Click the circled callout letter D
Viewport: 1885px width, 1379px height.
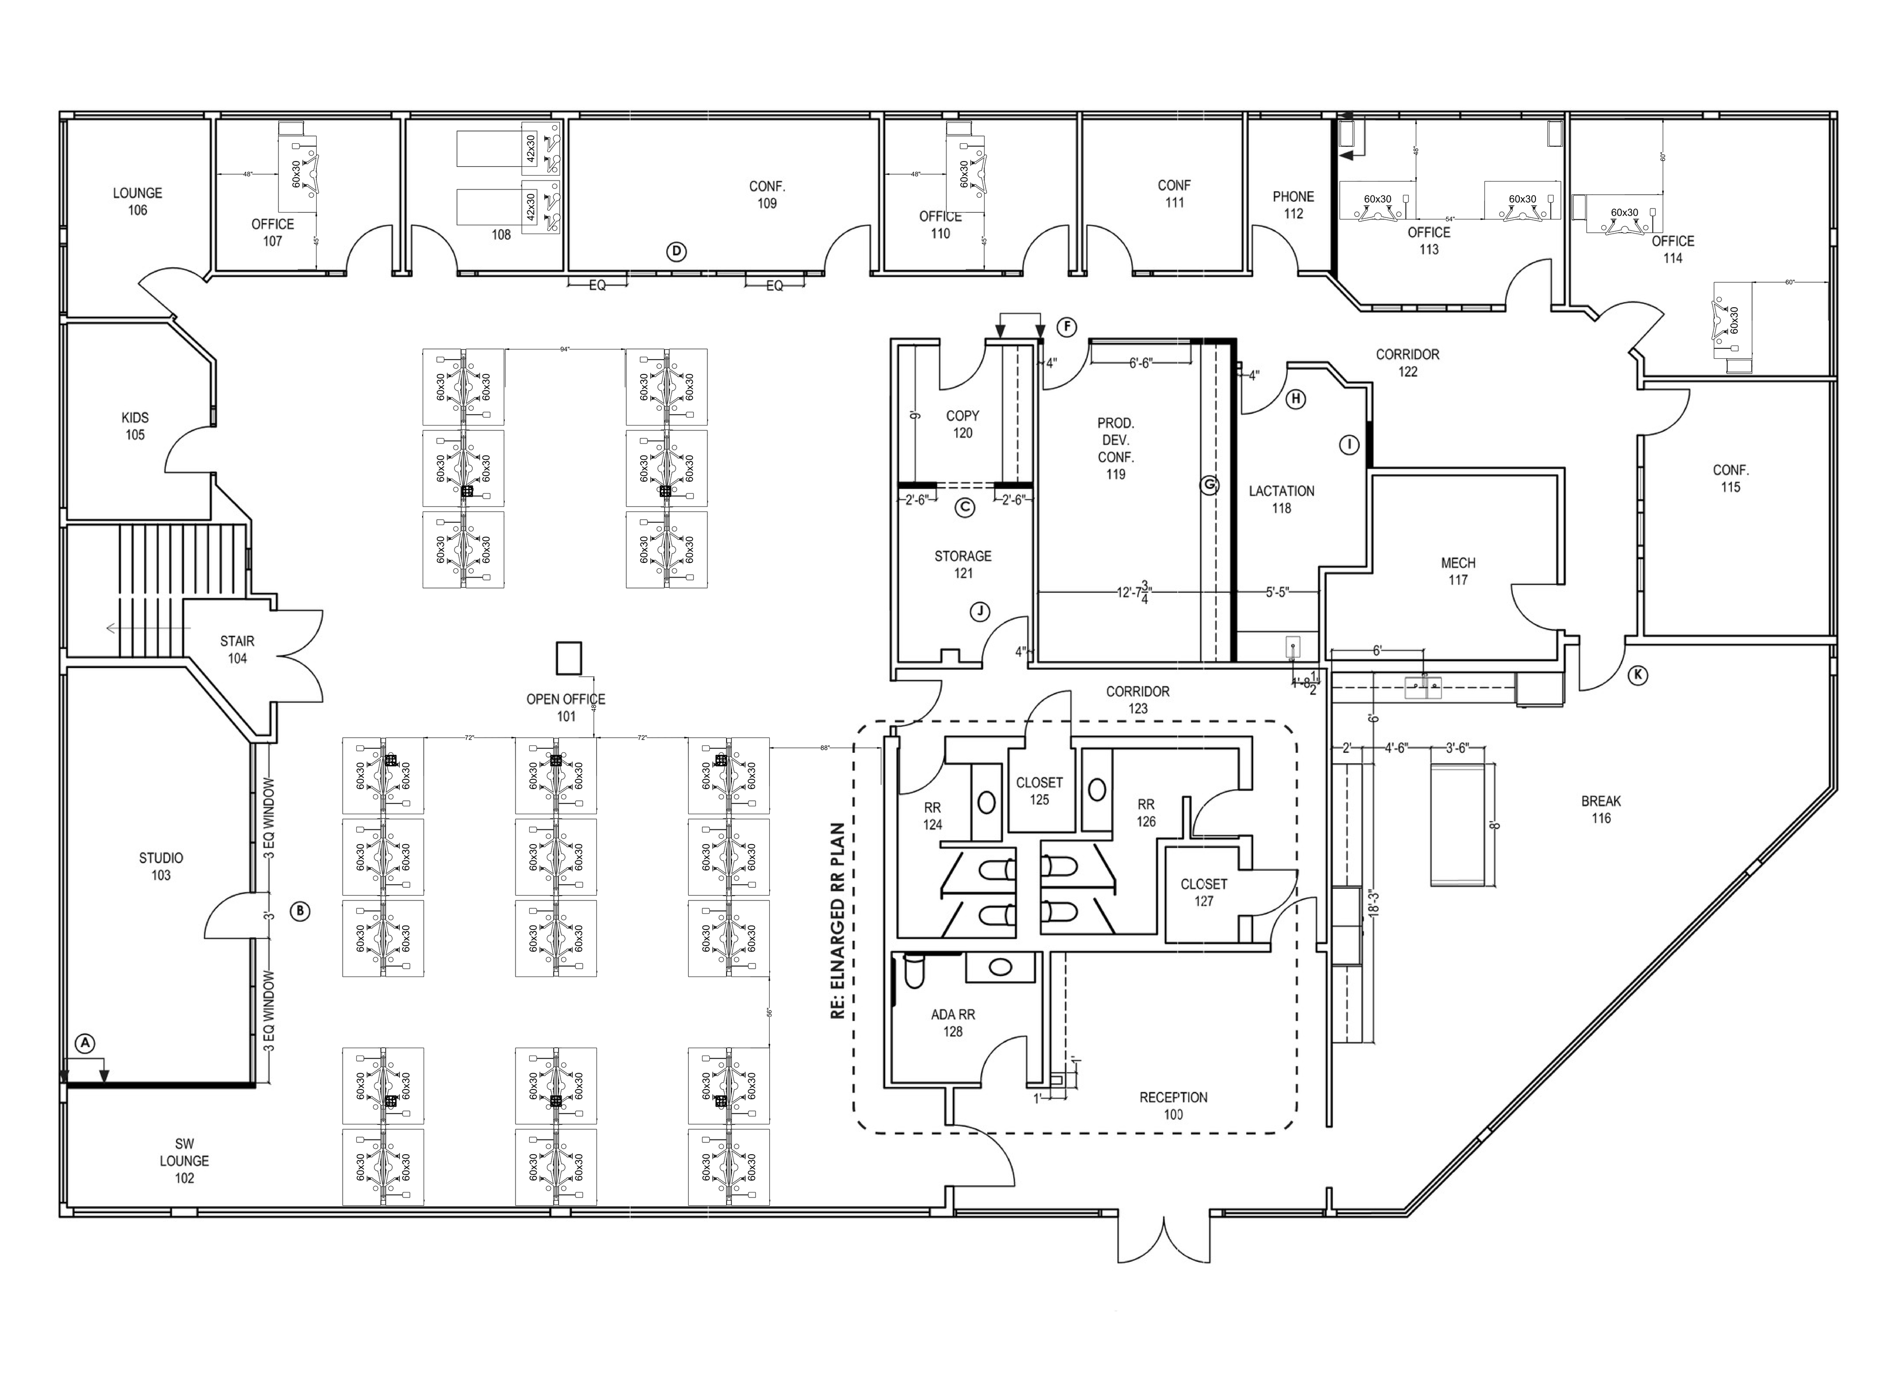677,251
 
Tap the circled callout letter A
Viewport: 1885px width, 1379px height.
84,1043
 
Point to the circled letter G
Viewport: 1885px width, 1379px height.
1209,485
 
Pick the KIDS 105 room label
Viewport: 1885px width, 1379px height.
135,425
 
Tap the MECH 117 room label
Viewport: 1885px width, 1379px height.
1457,571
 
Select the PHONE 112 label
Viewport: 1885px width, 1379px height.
1293,205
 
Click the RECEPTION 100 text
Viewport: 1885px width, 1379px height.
1173,1105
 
